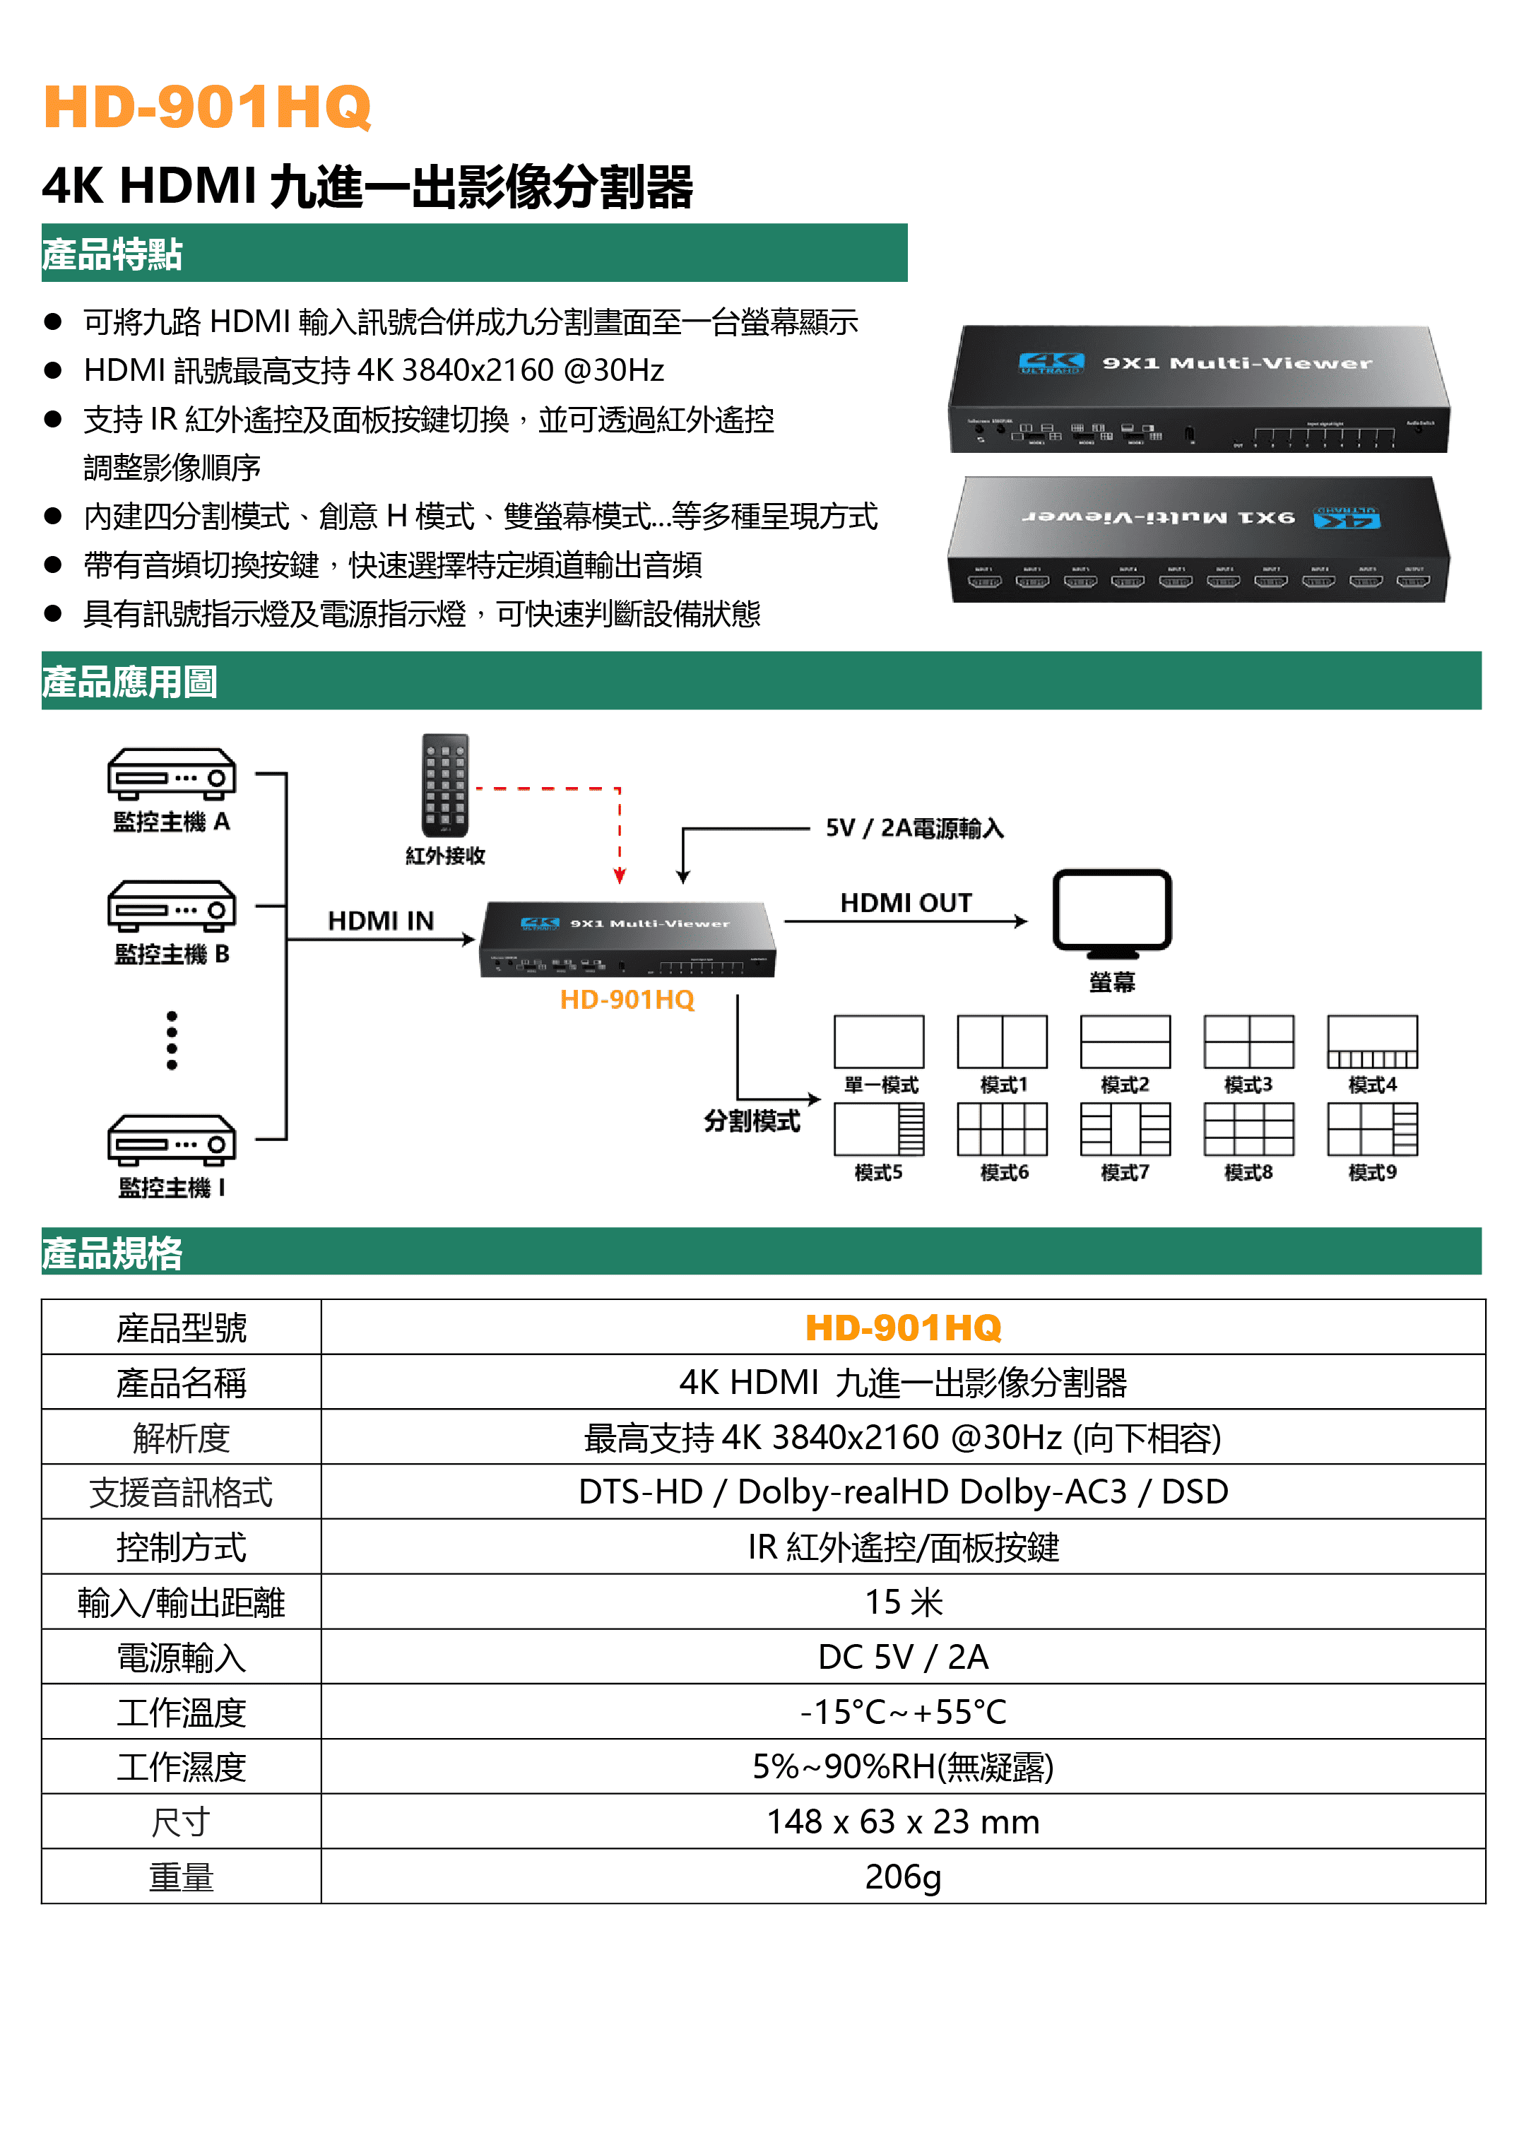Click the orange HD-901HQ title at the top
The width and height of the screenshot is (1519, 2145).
click(207, 107)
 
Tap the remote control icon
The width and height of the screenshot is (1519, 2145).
click(445, 786)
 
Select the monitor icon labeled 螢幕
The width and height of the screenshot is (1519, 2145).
click(1111, 913)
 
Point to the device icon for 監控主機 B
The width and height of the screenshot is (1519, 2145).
click(171, 906)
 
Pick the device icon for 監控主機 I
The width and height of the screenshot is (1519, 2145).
click(171, 1140)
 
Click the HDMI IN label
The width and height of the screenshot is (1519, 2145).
click(381, 921)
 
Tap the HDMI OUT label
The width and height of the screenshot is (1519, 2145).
click(906, 903)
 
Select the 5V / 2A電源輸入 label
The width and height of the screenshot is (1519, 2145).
click(914, 829)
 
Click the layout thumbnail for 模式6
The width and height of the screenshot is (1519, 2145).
click(1002, 1129)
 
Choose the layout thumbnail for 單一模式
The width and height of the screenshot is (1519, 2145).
click(878, 1041)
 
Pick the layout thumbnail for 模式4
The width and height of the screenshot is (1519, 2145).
click(1372, 1041)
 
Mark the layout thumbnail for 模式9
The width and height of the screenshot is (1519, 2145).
click(1372, 1129)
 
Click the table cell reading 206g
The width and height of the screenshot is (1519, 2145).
click(903, 1877)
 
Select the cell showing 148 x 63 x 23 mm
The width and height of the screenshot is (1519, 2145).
click(903, 1821)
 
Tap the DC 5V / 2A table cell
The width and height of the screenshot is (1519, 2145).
click(903, 1657)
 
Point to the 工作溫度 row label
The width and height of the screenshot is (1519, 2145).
click(182, 1712)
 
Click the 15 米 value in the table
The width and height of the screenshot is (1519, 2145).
click(903, 1602)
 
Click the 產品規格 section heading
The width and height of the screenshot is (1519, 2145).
click(112, 1253)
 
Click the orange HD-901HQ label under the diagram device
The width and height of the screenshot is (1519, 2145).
click(627, 1000)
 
